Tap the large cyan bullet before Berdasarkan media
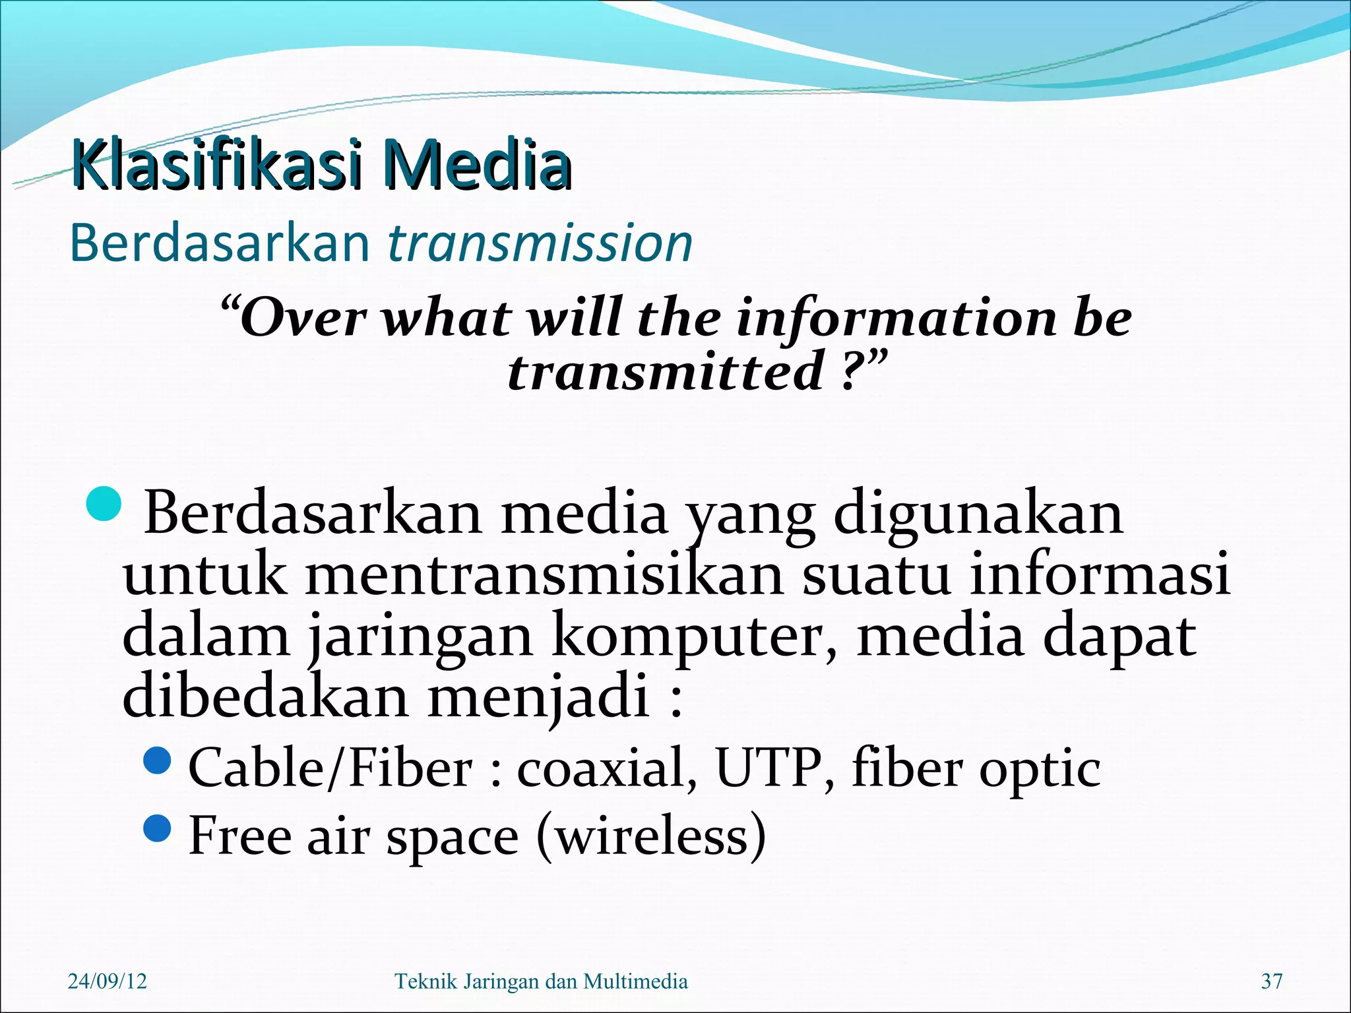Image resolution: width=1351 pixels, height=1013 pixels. pyautogui.click(x=104, y=504)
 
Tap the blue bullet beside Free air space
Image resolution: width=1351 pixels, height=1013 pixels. pyautogui.click(x=157, y=828)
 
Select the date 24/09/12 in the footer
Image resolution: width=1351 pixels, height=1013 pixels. pyautogui.click(x=108, y=981)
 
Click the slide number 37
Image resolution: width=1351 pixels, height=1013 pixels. pyautogui.click(x=1272, y=981)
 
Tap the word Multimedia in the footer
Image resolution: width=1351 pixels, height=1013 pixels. pyautogui.click(x=635, y=981)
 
